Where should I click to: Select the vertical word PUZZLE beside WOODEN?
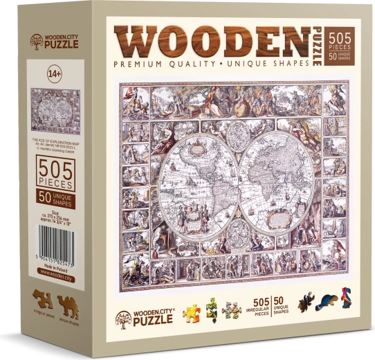point(317,46)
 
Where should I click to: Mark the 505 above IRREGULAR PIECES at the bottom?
point(261,302)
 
